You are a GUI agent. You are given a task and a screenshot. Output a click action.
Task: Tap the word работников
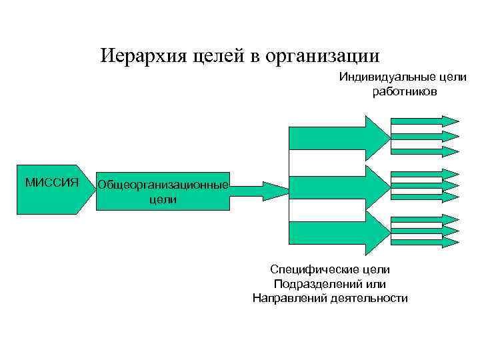(x=405, y=91)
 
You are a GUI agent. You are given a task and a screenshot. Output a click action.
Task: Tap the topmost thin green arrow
(x=425, y=121)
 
